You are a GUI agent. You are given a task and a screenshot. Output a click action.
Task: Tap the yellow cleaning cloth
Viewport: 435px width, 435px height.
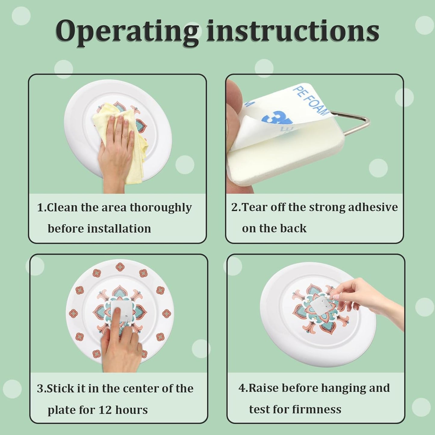[123, 140]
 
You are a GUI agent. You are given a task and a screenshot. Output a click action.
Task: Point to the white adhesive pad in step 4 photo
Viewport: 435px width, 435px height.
[320, 305]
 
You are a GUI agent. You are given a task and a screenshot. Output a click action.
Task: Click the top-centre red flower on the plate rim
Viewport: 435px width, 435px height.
[120, 268]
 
